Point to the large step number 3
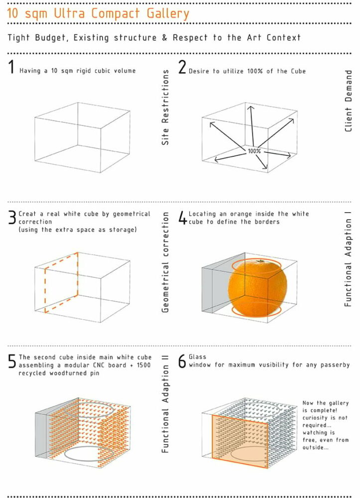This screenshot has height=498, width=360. (x=11, y=218)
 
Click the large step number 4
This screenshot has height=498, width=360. (x=182, y=218)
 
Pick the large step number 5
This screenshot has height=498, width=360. (x=11, y=361)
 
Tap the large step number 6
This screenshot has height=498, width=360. (x=182, y=361)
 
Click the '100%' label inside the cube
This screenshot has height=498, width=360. (x=254, y=150)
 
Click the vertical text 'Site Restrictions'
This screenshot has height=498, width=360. (x=166, y=107)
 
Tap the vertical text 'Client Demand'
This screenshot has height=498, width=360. (x=349, y=101)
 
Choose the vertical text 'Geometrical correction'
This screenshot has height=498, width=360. (x=166, y=261)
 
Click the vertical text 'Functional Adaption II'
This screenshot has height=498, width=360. (x=166, y=403)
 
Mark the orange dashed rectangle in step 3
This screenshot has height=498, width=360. (x=62, y=282)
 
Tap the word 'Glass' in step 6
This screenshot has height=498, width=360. (x=198, y=357)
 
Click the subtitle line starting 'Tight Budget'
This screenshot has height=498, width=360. (x=154, y=38)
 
